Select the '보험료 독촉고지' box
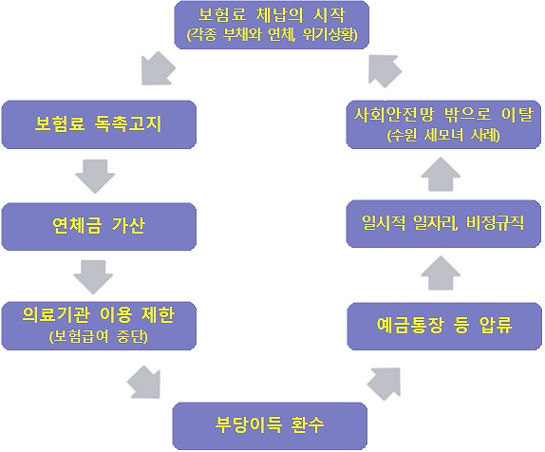tap(99, 124)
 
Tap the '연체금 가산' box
tap(99, 225)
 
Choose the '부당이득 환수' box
tap(271, 424)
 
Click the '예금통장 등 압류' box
tap(443, 326)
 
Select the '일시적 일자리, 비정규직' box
tap(443, 225)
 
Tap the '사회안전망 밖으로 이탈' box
tap(443, 124)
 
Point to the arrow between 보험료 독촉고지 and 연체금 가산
tap(94, 175)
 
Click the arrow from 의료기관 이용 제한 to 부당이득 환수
tap(143, 383)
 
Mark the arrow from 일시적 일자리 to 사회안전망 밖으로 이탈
tap(440, 175)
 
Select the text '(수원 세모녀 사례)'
tap(443, 136)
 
